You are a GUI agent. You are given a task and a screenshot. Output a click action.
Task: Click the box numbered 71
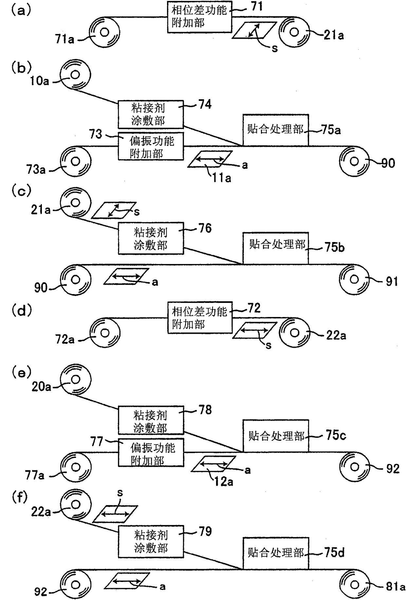pos(199,17)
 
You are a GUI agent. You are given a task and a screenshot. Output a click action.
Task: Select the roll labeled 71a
pos(104,32)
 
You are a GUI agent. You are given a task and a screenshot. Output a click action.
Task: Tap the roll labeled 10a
pos(75,74)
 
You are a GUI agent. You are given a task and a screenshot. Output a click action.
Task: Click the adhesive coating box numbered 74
pos(151,114)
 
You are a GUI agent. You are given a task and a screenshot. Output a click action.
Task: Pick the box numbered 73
pos(151,146)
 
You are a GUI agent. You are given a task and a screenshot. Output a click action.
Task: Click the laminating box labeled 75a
pos(276,130)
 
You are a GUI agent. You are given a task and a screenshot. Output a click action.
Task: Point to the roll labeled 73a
pos(75,161)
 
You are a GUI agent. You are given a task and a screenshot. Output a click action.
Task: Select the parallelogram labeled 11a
pos(210,159)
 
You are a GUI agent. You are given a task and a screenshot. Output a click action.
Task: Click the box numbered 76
pos(151,238)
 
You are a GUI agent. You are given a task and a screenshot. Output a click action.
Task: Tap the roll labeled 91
pos(354,279)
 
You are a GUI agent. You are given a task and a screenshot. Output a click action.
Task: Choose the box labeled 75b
pos(276,248)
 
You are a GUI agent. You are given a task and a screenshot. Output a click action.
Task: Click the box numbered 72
pos(200,317)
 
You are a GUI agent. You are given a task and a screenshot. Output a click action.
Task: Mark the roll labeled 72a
pos(105,333)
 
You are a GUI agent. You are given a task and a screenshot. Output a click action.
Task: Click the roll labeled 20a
pos(75,379)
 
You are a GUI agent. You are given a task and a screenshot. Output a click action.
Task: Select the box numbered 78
pos(151,421)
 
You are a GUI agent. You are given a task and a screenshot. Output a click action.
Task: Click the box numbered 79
pos(151,542)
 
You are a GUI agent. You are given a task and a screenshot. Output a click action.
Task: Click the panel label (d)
pos(22,310)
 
